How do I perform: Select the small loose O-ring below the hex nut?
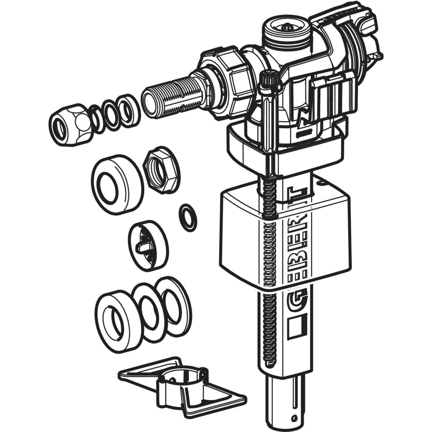tap(188, 217)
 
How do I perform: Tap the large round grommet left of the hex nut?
tap(117, 184)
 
